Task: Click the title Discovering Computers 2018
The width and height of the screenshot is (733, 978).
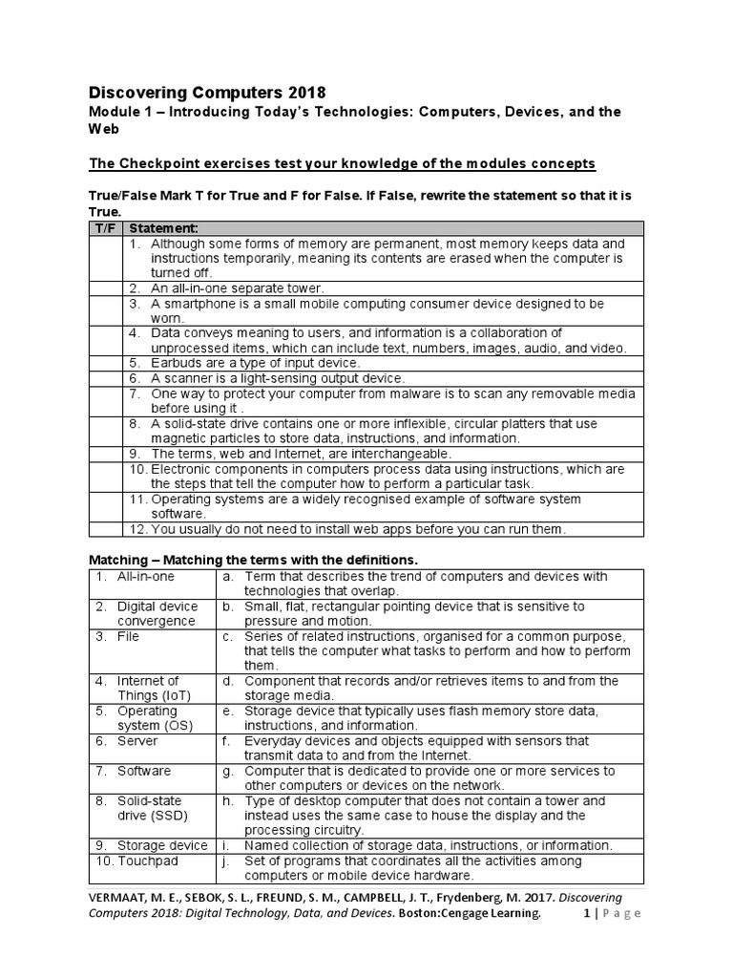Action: click(207, 93)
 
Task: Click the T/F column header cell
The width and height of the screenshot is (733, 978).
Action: click(105, 227)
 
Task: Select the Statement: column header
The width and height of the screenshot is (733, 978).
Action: click(163, 227)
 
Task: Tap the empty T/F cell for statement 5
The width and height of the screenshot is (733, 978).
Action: click(105, 363)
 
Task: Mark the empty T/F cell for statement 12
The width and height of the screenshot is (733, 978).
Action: click(105, 528)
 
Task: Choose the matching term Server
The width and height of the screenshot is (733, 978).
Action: click(137, 740)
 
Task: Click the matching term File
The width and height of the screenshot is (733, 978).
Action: click(128, 635)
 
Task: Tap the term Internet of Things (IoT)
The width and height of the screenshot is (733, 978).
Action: click(148, 688)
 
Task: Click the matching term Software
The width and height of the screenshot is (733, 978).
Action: click(144, 770)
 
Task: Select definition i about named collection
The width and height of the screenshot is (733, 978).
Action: click(426, 845)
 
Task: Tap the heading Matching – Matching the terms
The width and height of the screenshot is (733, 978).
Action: click(253, 558)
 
